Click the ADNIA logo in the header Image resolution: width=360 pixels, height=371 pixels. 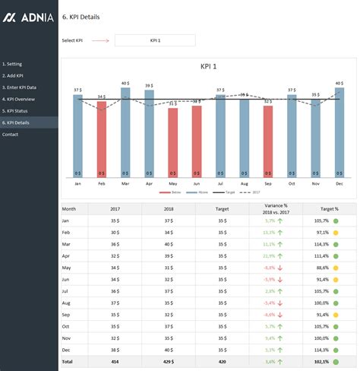click(29, 16)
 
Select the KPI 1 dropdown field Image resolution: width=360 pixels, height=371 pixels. click(154, 40)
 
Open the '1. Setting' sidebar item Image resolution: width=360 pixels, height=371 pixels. click(12, 65)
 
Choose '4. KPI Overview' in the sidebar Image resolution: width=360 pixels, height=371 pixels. click(18, 99)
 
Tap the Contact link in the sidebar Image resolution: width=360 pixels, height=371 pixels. click(11, 134)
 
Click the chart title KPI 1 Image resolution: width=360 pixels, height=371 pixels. click(208, 67)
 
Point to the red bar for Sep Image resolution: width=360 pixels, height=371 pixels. click(267, 141)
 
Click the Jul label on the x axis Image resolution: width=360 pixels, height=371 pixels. click(220, 183)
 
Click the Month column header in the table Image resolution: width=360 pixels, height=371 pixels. click(69, 208)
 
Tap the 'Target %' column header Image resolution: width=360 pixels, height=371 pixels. click(330, 208)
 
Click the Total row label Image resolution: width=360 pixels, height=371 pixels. click(69, 362)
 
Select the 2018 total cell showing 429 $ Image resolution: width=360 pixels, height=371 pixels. click(168, 362)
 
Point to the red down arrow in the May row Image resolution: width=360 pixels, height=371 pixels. click(280, 268)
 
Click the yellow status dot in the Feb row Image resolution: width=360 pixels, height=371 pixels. click(336, 232)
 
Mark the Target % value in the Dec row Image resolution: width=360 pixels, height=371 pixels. click(321, 350)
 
